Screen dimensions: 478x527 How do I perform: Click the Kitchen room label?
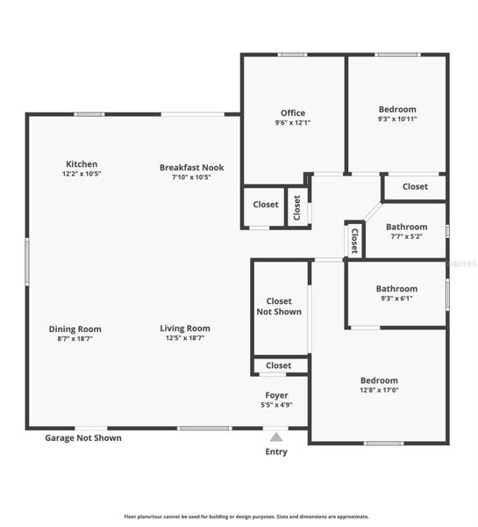82,164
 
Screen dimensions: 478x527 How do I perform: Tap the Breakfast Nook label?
191,168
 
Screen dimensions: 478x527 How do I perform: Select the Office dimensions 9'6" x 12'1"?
293,123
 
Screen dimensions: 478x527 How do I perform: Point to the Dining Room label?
75,329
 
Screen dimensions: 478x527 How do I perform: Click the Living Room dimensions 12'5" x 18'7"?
185,338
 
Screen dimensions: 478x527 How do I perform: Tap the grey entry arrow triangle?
276,437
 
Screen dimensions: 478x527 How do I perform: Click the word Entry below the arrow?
276,451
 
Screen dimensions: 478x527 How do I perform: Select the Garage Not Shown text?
83,438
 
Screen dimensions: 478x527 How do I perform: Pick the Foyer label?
276,395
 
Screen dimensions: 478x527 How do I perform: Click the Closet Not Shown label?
279,307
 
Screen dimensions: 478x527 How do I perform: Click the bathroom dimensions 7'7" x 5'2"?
406,236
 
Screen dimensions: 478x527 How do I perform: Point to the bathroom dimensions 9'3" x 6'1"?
396,299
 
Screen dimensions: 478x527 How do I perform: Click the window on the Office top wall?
292,54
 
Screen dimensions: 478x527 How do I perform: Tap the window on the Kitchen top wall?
89,114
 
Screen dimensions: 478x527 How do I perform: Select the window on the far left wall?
27,262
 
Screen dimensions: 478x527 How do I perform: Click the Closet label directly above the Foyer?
279,365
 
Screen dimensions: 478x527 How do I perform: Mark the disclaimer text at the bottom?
246,516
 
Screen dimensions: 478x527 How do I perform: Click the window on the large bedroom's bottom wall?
383,444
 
